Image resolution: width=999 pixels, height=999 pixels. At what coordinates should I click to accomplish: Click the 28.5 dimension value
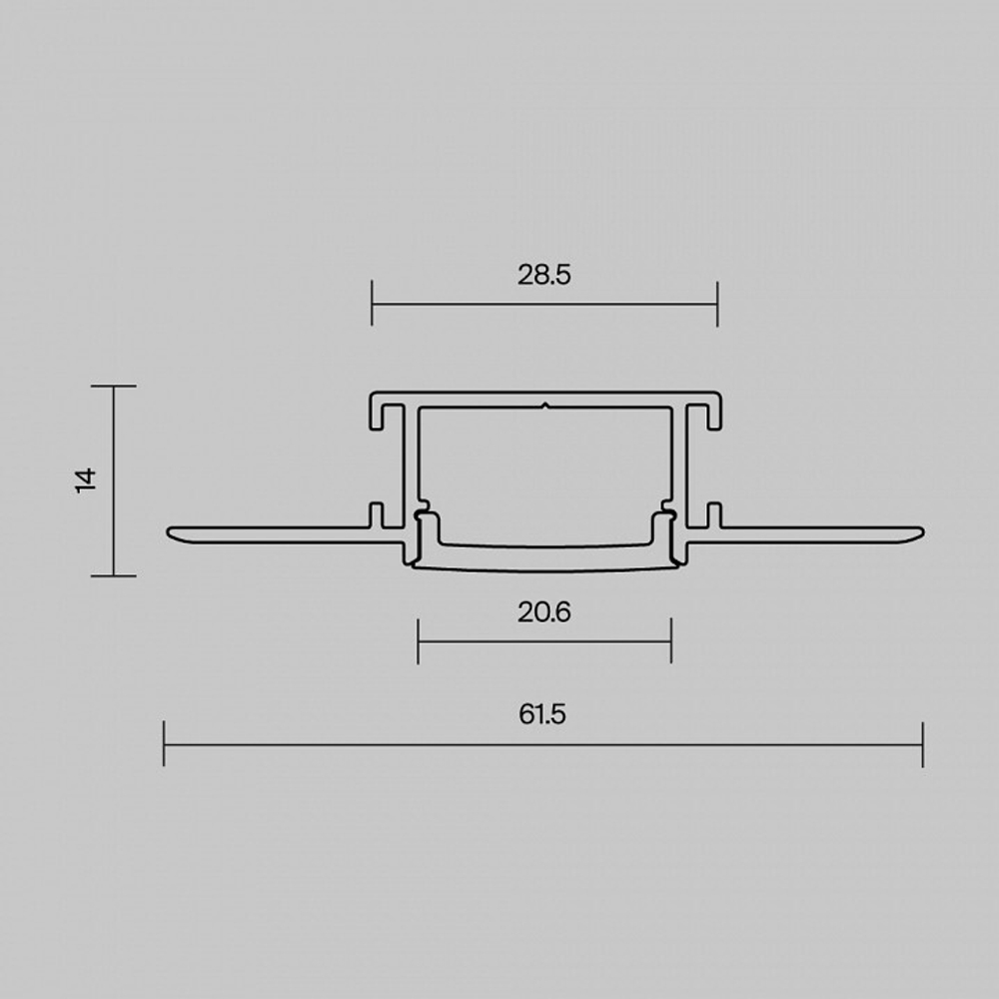click(x=544, y=276)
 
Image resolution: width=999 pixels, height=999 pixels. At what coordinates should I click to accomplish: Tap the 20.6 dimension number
click(x=544, y=613)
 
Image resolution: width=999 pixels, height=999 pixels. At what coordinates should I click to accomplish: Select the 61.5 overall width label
click(x=542, y=714)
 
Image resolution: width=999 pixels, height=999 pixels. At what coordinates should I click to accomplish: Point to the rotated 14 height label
click(x=85, y=481)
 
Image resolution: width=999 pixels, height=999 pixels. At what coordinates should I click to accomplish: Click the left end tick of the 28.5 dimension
click(x=372, y=304)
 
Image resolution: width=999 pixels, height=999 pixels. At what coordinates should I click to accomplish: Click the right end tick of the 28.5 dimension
click(x=717, y=304)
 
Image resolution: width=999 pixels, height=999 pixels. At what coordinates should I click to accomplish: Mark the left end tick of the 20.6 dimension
click(x=418, y=641)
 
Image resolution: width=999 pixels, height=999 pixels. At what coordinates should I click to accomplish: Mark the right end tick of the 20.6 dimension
click(x=671, y=641)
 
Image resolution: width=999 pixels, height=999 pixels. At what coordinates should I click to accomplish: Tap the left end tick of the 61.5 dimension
click(x=164, y=744)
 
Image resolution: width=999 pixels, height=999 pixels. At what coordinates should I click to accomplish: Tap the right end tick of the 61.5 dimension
click(x=922, y=744)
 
